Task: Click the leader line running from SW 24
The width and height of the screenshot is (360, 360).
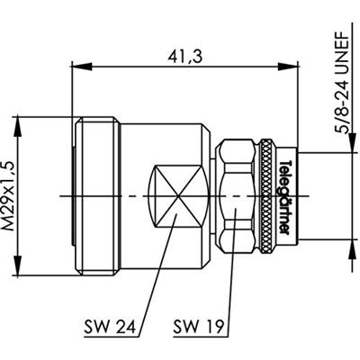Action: click(155, 279)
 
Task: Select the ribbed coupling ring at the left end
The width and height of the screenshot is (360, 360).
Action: click(101, 196)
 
